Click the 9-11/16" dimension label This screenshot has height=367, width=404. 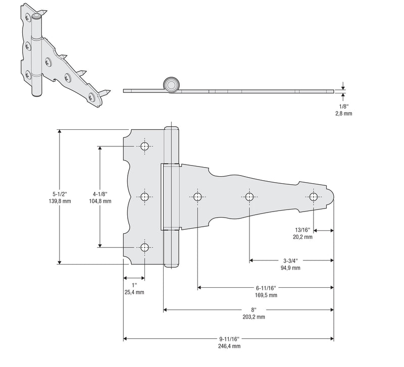(229, 339)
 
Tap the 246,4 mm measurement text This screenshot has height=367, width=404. (229, 346)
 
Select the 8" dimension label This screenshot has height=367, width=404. (254, 309)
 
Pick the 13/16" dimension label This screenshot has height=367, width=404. (302, 229)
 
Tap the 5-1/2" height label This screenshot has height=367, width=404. (61, 193)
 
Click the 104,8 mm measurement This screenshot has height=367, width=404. (100, 201)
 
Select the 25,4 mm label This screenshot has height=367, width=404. (134, 292)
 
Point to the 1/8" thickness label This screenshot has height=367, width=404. (343, 107)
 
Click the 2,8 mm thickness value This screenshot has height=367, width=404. (343, 114)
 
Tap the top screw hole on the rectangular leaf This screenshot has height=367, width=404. (145, 146)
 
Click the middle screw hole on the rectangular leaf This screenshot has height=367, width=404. (145, 197)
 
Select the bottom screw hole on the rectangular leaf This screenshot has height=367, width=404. (145, 247)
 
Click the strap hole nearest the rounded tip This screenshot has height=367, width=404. (314, 197)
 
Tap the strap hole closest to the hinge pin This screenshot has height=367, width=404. (197, 197)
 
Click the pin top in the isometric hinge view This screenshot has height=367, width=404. (36, 17)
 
